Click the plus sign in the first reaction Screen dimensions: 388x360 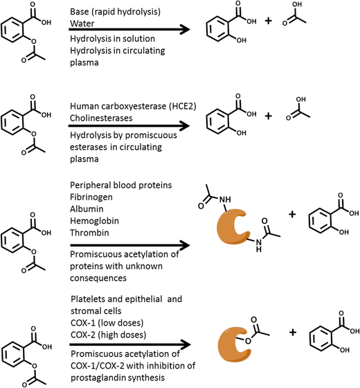[268, 23]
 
